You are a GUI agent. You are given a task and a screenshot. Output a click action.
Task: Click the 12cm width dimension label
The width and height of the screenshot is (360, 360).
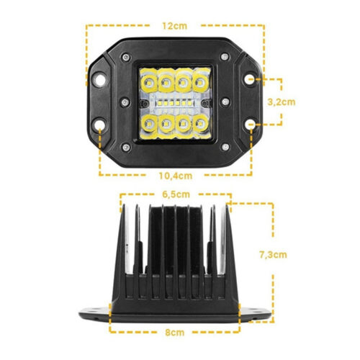click(175, 26)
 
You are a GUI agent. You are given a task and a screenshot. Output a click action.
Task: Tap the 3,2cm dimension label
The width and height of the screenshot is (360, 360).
click(282, 102)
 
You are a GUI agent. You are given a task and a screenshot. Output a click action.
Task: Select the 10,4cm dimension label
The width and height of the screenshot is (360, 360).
click(176, 176)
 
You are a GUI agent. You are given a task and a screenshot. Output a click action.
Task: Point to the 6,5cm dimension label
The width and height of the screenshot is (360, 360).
click(176, 194)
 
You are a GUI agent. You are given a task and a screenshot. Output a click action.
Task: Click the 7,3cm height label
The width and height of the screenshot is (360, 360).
click(273, 255)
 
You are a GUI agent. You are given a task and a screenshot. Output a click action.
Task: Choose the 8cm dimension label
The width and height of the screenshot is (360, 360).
click(175, 333)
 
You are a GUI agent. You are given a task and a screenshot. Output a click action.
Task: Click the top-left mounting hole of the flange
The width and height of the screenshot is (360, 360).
click(99, 80)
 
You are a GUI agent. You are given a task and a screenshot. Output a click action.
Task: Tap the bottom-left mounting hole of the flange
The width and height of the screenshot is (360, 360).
click(99, 125)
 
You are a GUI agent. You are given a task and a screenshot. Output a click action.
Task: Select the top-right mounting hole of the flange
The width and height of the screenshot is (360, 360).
click(250, 79)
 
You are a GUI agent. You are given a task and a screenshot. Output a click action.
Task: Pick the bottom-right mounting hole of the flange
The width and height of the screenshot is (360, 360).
click(250, 125)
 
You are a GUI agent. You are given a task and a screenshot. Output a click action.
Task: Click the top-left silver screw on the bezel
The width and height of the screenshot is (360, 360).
click(126, 58)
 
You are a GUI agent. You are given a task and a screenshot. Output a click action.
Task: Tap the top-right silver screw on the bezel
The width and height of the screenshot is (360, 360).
click(225, 57)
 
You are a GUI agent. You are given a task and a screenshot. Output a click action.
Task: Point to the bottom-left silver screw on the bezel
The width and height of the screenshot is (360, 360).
click(126, 148)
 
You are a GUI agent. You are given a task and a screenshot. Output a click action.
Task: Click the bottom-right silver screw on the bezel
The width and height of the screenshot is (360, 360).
click(225, 147)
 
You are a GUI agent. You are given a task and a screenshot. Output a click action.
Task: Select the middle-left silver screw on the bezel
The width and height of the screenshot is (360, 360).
click(125, 102)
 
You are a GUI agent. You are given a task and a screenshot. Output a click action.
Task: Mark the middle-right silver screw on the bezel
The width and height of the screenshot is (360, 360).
click(225, 102)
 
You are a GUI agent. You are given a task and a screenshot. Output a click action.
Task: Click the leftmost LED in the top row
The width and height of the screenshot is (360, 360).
click(149, 84)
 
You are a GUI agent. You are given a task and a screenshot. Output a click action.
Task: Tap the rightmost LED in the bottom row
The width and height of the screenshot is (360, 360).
click(200, 124)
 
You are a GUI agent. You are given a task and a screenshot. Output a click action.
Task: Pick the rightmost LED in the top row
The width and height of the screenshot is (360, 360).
click(200, 83)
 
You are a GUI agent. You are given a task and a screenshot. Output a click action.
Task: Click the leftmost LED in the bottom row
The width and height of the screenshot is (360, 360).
click(149, 125)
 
